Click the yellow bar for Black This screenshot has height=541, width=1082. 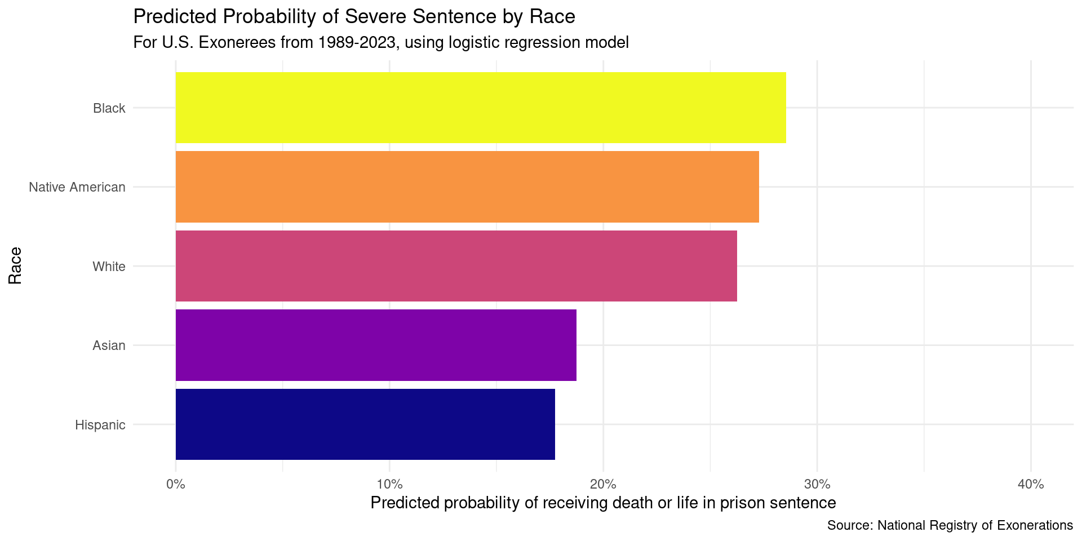click(x=481, y=107)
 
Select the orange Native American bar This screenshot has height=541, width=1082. click(x=467, y=187)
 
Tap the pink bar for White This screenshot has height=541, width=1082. click(x=456, y=266)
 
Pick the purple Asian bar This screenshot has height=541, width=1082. click(x=376, y=345)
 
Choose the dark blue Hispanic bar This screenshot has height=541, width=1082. click(x=365, y=424)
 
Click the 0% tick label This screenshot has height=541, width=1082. click(x=176, y=485)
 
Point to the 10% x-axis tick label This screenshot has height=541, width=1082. click(x=389, y=485)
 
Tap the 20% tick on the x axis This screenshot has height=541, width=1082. click(x=603, y=485)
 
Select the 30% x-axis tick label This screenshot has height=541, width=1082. click(x=817, y=485)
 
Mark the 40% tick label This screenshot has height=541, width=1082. click(x=1031, y=485)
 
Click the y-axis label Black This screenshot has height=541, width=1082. click(x=109, y=108)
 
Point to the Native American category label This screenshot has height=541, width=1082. click(x=77, y=187)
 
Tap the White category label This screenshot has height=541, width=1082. click(x=109, y=267)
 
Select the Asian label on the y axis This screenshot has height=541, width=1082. click(x=109, y=345)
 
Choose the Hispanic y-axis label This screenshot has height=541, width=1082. click(x=100, y=425)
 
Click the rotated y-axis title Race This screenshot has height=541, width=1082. click(x=15, y=265)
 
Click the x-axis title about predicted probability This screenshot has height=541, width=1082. click(x=603, y=503)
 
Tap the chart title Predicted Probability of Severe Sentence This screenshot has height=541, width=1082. click(x=354, y=17)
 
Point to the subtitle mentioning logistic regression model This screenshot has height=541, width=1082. click(x=380, y=42)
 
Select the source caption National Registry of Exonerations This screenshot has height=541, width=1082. click(x=950, y=526)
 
